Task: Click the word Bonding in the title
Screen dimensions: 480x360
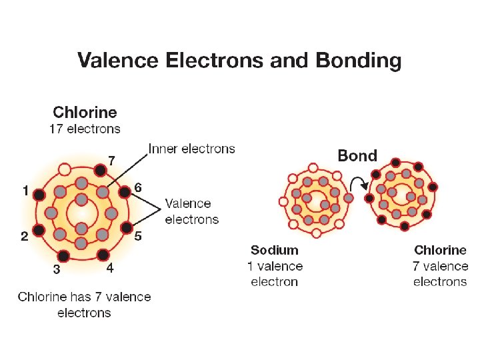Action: [358, 61]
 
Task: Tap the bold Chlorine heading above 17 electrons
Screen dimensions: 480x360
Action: [85, 112]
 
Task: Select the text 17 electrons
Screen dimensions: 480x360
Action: [85, 128]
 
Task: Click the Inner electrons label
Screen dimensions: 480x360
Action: [191, 148]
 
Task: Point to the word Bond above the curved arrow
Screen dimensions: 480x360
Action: [357, 156]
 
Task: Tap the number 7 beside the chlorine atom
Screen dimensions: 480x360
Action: [112, 160]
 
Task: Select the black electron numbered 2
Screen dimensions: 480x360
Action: [39, 231]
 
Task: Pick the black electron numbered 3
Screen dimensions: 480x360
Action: [63, 255]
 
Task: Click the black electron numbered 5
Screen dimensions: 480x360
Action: [124, 231]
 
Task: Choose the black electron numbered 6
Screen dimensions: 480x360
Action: [124, 193]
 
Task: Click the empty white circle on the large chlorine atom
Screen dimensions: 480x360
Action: [64, 169]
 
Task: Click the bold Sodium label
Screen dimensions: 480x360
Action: [274, 251]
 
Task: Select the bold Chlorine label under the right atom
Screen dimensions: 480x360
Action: [440, 251]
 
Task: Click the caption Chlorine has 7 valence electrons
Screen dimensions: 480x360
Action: [84, 305]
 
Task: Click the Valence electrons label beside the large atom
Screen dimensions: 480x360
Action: [191, 211]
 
